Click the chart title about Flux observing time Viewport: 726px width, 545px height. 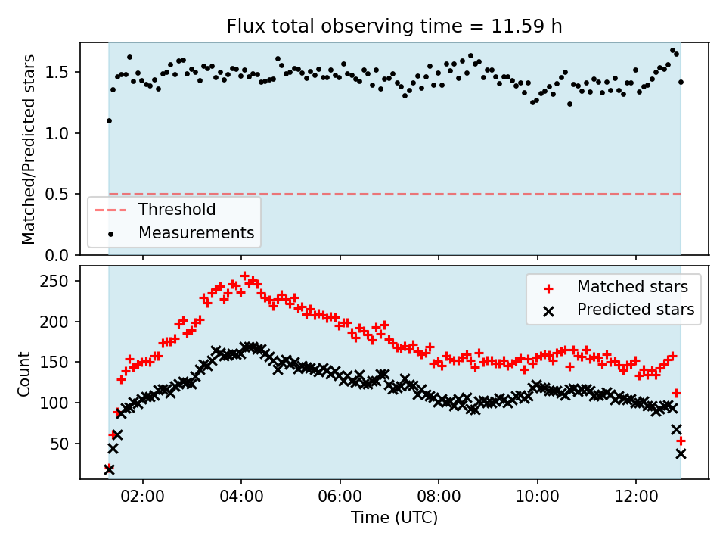pos(394,26)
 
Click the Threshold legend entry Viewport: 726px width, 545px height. pos(176,210)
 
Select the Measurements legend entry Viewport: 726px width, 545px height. pos(195,233)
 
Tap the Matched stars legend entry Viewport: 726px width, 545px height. pos(632,287)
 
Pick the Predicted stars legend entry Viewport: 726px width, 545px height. pos(635,309)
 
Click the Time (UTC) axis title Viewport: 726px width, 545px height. pos(394,519)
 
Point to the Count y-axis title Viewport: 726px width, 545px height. pos(25,373)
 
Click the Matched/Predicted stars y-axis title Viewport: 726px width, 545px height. pos(29,149)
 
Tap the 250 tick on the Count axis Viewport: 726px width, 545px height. pos(60,282)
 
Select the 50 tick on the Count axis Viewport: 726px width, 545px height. pos(64,444)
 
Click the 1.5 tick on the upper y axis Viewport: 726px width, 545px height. pos(64,73)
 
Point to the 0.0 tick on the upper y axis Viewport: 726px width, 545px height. pos(64,255)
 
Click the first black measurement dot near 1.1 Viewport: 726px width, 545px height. pos(109,120)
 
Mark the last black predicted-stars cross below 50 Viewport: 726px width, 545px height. pos(681,453)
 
